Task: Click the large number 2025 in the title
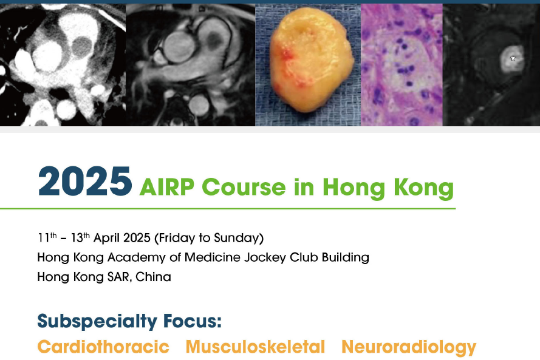[x=84, y=182]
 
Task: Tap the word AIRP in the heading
[x=166, y=187]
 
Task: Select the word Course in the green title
[x=246, y=187]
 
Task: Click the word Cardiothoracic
[x=103, y=347]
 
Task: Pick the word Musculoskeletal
[x=255, y=347]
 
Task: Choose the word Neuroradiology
[x=409, y=347]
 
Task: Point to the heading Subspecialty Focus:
[x=129, y=322]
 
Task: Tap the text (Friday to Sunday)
[x=209, y=238]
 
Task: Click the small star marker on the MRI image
[x=513, y=58]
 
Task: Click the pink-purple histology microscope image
[x=402, y=65]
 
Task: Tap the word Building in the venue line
[x=346, y=258]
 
